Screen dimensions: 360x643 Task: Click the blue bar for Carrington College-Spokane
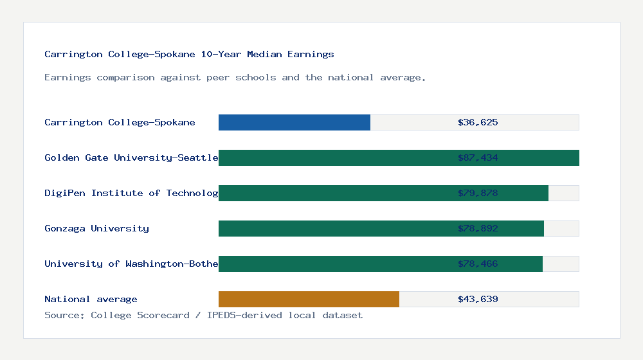coord(294,122)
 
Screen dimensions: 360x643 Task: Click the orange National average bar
coord(309,299)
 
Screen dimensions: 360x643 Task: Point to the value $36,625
coord(478,122)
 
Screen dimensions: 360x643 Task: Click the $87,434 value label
coord(478,157)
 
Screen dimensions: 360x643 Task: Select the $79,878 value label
coord(478,193)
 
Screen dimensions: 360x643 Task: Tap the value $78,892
coord(478,228)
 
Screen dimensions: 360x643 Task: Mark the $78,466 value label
coord(478,264)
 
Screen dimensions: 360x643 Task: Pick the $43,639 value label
coord(478,299)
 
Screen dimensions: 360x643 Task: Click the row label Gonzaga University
coord(96,228)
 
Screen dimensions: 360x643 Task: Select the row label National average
coord(91,299)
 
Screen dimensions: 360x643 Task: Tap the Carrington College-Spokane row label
coord(120,122)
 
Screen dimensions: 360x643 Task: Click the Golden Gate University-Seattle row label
coord(131,157)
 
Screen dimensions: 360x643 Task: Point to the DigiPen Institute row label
coord(131,193)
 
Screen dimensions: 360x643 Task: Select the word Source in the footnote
coord(64,315)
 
